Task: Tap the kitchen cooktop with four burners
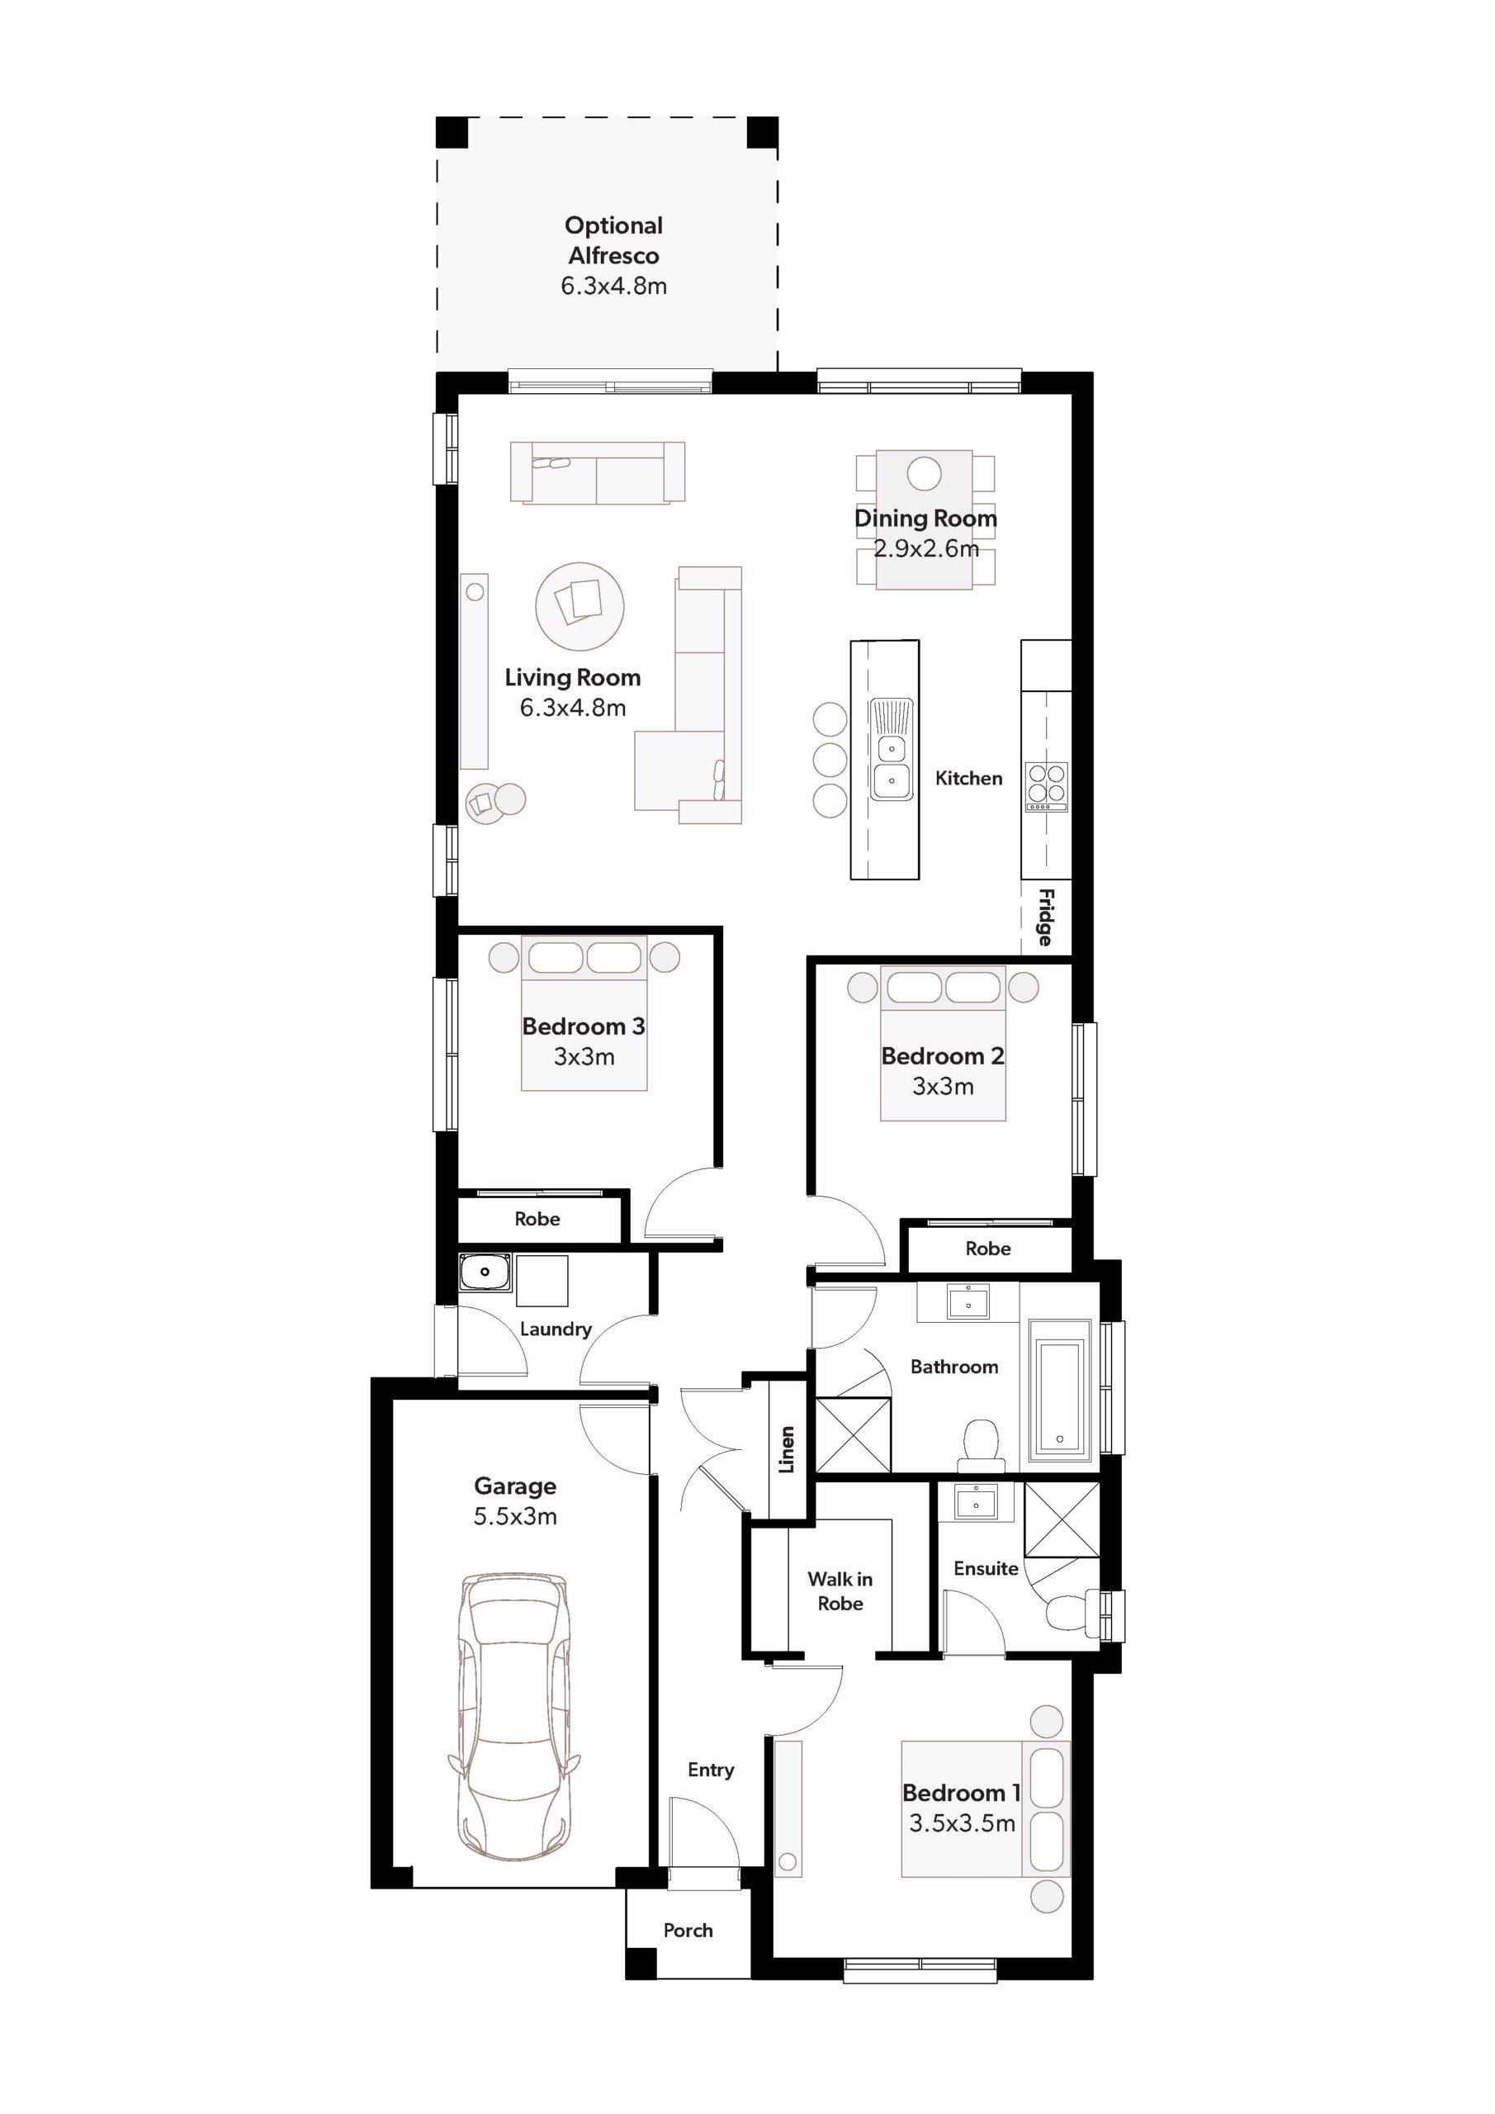click(1047, 786)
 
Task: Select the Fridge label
click(1046, 917)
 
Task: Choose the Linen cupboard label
click(787, 1449)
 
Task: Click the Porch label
click(688, 1930)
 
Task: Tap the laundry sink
click(485, 1273)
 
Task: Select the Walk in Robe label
click(840, 1591)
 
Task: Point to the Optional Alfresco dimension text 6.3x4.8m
click(614, 287)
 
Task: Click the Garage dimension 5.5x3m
click(514, 1516)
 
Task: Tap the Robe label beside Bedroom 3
click(537, 1219)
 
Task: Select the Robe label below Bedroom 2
click(988, 1249)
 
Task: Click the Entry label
click(711, 1770)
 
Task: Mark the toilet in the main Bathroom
click(982, 1444)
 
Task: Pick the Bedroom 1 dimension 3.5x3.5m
click(962, 1823)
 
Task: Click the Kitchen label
click(968, 778)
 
